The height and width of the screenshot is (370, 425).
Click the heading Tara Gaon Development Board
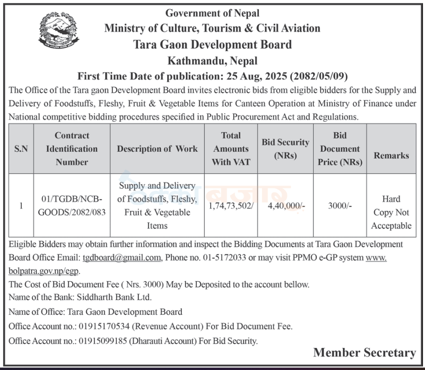(212, 44)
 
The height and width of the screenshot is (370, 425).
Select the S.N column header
(21, 149)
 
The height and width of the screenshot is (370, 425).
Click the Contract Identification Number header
(72, 149)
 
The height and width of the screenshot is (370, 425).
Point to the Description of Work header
(157, 149)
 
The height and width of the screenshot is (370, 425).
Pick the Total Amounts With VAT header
(230, 149)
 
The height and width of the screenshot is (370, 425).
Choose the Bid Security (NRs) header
(285, 149)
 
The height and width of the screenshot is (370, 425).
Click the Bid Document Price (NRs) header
(340, 149)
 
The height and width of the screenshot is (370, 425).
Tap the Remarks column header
(391, 155)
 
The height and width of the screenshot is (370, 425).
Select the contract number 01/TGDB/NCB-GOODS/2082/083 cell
(72, 205)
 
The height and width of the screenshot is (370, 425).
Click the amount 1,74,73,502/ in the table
(230, 205)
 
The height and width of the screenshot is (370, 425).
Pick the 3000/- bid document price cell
(340, 205)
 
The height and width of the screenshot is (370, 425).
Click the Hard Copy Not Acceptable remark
(391, 212)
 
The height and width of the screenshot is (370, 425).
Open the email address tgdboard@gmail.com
(121, 258)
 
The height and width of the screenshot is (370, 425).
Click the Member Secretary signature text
(364, 353)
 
